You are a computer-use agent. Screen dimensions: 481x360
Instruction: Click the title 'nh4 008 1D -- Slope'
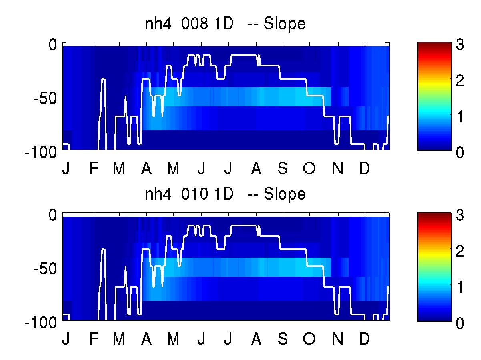tap(225, 24)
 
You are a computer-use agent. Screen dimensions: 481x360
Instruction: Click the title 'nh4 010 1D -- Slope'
tap(225, 194)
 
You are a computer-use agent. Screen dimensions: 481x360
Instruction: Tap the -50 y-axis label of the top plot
tap(45, 98)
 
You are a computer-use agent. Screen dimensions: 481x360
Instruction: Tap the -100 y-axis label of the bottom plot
tap(41, 322)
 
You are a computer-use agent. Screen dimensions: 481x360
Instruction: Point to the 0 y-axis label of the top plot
tap(52, 45)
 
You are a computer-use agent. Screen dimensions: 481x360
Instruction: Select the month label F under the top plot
tap(94, 168)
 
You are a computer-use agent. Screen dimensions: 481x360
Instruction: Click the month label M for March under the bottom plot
tap(119, 338)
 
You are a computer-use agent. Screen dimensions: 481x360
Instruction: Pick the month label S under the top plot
tap(283, 168)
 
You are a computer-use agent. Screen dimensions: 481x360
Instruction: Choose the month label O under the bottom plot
tap(309, 338)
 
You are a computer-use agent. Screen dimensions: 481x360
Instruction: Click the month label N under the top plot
tap(338, 168)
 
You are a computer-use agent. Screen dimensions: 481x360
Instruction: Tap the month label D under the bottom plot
tap(365, 338)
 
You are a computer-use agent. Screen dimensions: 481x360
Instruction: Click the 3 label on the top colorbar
tap(460, 44)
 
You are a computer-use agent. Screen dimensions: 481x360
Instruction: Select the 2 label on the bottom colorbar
tap(460, 251)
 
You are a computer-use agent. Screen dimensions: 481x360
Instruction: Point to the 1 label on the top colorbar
tap(460, 116)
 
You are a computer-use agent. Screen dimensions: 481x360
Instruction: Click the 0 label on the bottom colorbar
tap(460, 323)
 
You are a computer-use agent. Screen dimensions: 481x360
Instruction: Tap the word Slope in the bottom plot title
tap(284, 194)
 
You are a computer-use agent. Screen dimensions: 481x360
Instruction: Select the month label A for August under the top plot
tap(256, 168)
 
